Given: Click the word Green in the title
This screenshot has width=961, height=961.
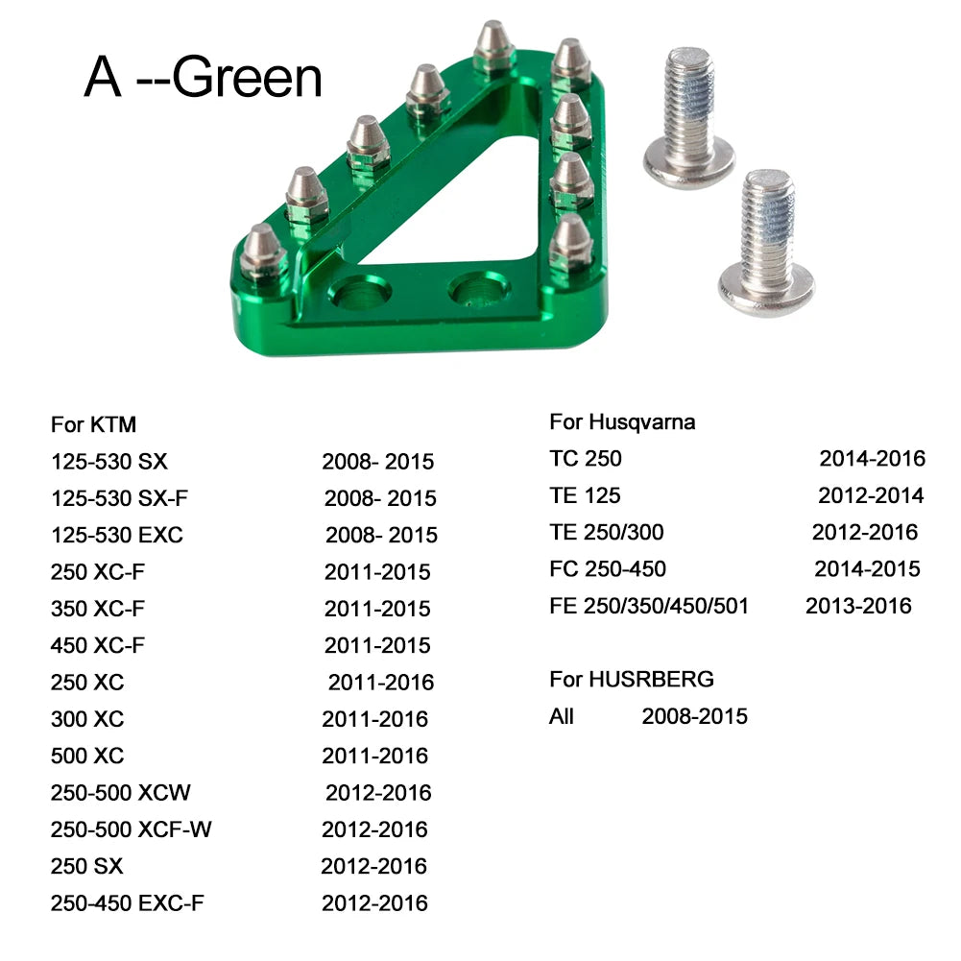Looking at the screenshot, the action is (x=247, y=78).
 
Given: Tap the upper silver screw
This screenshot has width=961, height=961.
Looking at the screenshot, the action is (x=689, y=116).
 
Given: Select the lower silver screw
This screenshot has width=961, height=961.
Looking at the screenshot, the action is (x=766, y=242).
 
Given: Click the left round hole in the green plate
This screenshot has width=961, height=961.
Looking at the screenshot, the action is (x=360, y=291).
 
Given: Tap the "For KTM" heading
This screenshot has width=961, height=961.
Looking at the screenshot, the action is (x=93, y=424).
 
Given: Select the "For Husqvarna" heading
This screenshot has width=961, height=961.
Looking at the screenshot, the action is (x=622, y=421).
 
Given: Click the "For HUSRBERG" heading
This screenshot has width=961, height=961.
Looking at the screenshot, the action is (x=632, y=679).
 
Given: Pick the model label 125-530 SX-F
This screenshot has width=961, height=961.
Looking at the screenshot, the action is (x=119, y=498).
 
